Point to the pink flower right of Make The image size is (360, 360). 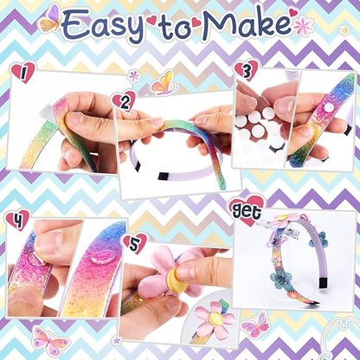pos(303,25)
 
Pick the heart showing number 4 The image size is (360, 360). pos(16,219)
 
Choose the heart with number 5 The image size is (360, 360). pos(134,243)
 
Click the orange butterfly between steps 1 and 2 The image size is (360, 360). pos(164,82)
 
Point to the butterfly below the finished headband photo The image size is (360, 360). pos(254,325)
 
